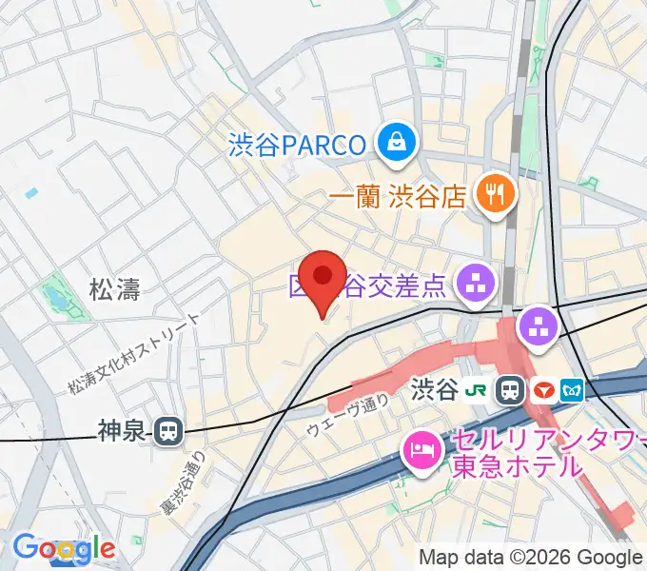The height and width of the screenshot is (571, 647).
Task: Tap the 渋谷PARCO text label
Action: pyautogui.click(x=297, y=145)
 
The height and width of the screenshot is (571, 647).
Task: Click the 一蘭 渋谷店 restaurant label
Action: pyautogui.click(x=398, y=196)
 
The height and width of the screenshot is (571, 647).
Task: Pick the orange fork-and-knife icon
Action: pyautogui.click(x=494, y=195)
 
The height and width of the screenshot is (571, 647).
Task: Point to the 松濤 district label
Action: pyautogui.click(x=115, y=290)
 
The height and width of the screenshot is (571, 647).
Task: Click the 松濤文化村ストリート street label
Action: pyautogui.click(x=133, y=354)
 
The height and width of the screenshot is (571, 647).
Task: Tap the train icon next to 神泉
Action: pyautogui.click(x=167, y=432)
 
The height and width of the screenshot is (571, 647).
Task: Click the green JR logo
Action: pyautogui.click(x=482, y=388)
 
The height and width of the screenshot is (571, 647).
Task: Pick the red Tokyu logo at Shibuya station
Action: pyautogui.click(x=543, y=388)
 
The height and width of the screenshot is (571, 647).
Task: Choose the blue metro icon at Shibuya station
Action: pyautogui.click(x=574, y=388)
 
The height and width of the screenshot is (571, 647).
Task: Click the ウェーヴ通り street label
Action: pyautogui.click(x=348, y=416)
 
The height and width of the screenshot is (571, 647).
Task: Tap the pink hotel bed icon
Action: pyautogui.click(x=421, y=447)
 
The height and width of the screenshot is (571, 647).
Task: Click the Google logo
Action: pyautogui.click(x=63, y=548)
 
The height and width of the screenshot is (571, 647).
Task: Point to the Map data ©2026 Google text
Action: pyautogui.click(x=529, y=558)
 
